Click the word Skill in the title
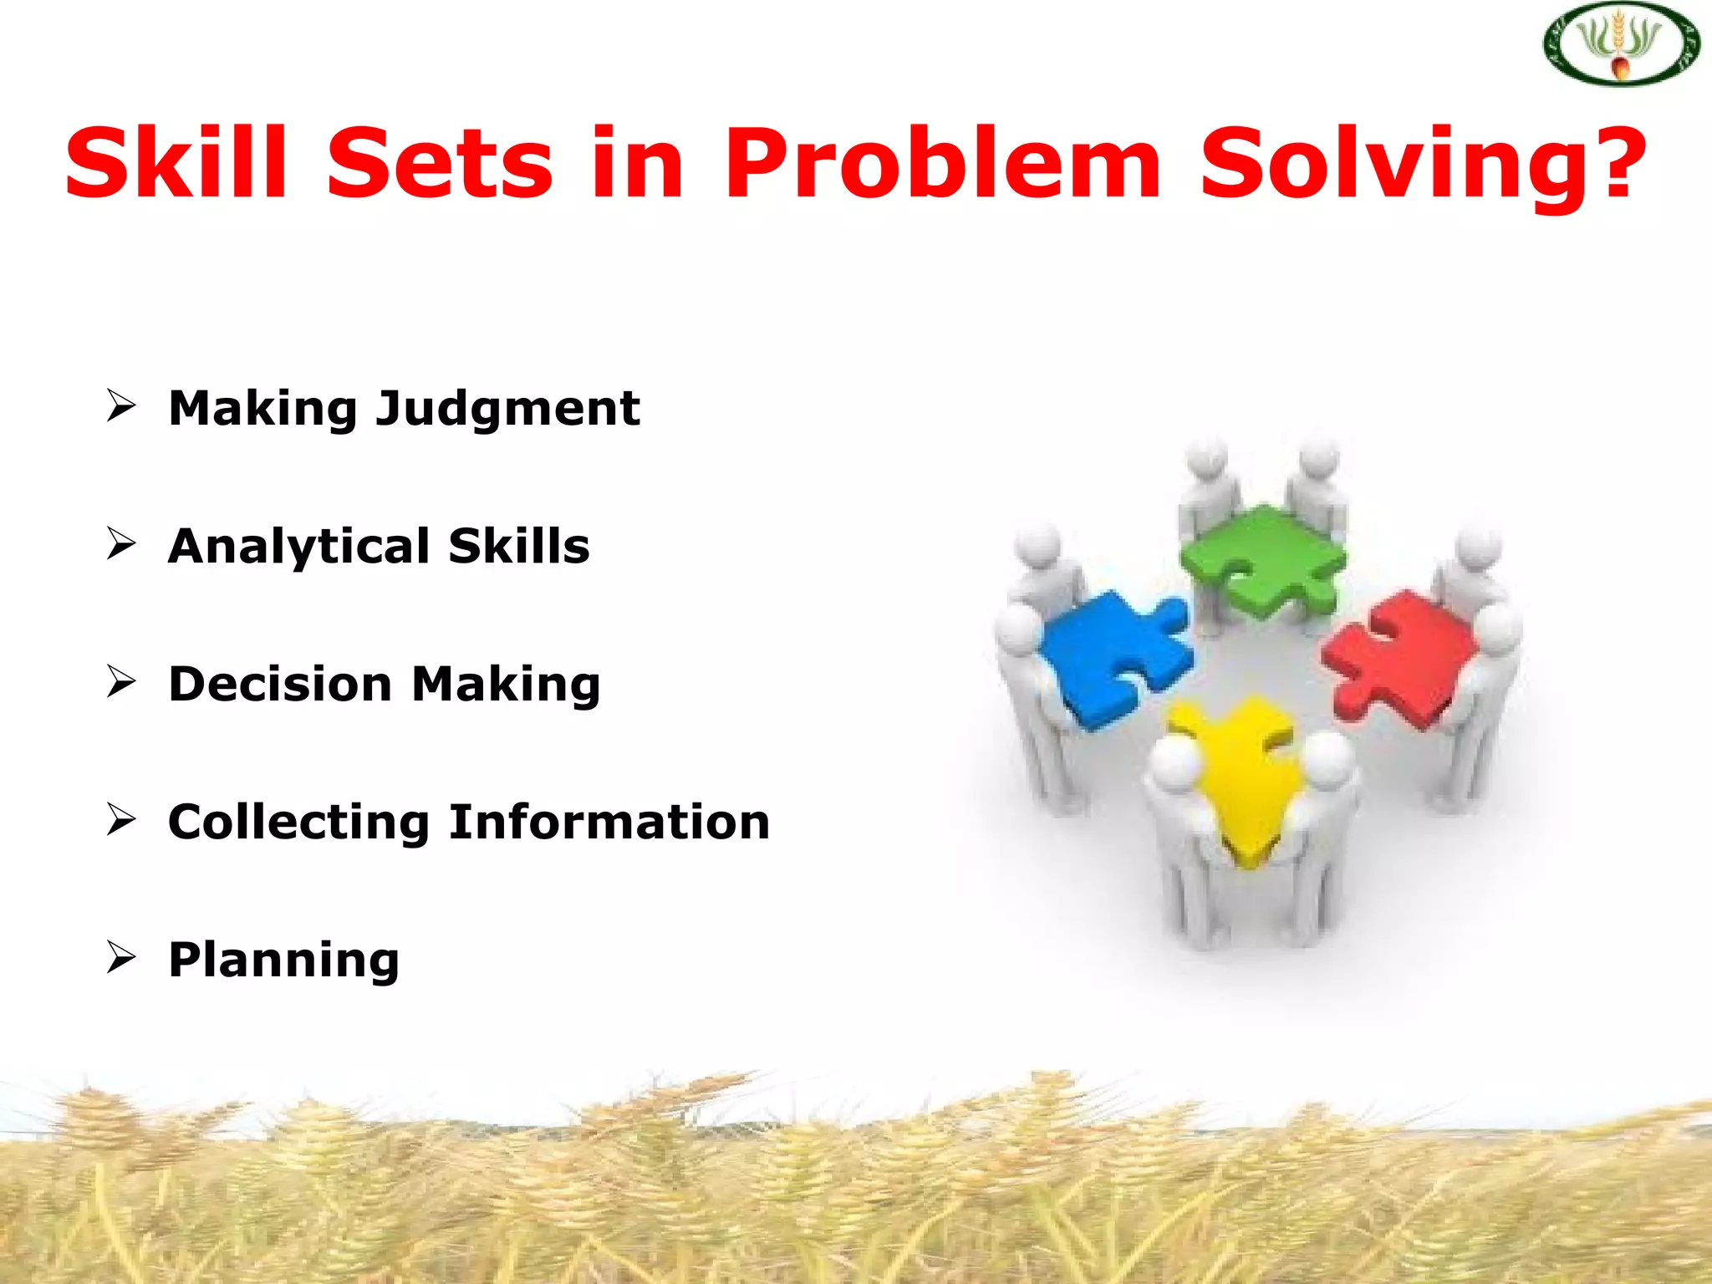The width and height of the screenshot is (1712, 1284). pyautogui.click(x=176, y=162)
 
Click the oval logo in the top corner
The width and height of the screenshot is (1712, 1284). pyautogui.click(x=1621, y=43)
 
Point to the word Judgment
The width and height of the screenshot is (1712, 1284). pyautogui.click(x=507, y=410)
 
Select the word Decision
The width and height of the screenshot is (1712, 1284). pyautogui.click(x=280, y=684)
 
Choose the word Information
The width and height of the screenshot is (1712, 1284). pyautogui.click(x=609, y=821)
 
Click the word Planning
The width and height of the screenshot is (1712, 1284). pyautogui.click(x=284, y=960)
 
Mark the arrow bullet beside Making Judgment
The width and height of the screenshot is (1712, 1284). pyautogui.click(x=121, y=406)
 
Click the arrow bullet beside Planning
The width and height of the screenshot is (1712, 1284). pyautogui.click(x=121, y=957)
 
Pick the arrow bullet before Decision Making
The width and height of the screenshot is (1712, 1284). pyautogui.click(x=121, y=681)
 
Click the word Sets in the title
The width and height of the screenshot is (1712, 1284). pyautogui.click(x=440, y=162)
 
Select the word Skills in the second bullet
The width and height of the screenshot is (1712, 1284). pyautogui.click(x=519, y=546)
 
